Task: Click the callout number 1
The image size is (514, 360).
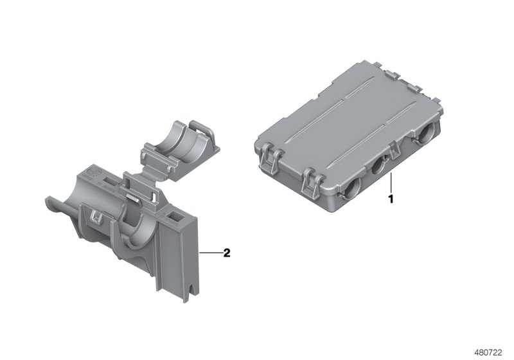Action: pyautogui.click(x=389, y=199)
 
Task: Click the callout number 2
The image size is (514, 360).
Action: pyautogui.click(x=226, y=253)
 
